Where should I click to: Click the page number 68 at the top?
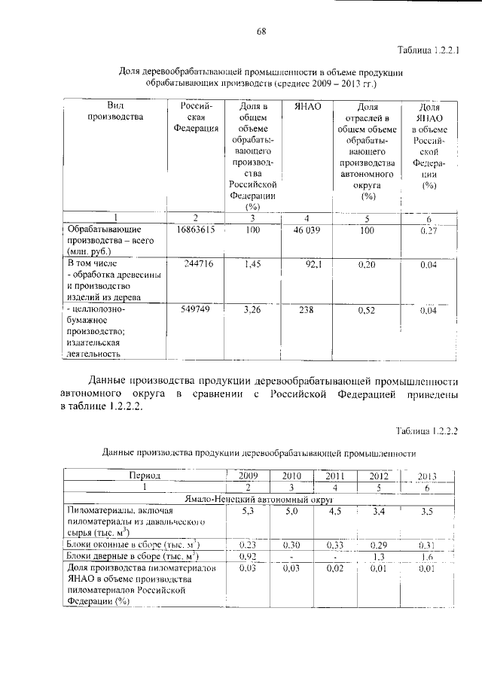pyautogui.click(x=261, y=31)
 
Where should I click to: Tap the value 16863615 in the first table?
pyautogui.click(x=196, y=230)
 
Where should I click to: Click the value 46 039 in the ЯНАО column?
pyautogui.click(x=307, y=230)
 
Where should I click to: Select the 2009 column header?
pyautogui.click(x=249, y=476)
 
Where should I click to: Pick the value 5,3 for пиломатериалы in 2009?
pyautogui.click(x=249, y=511)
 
